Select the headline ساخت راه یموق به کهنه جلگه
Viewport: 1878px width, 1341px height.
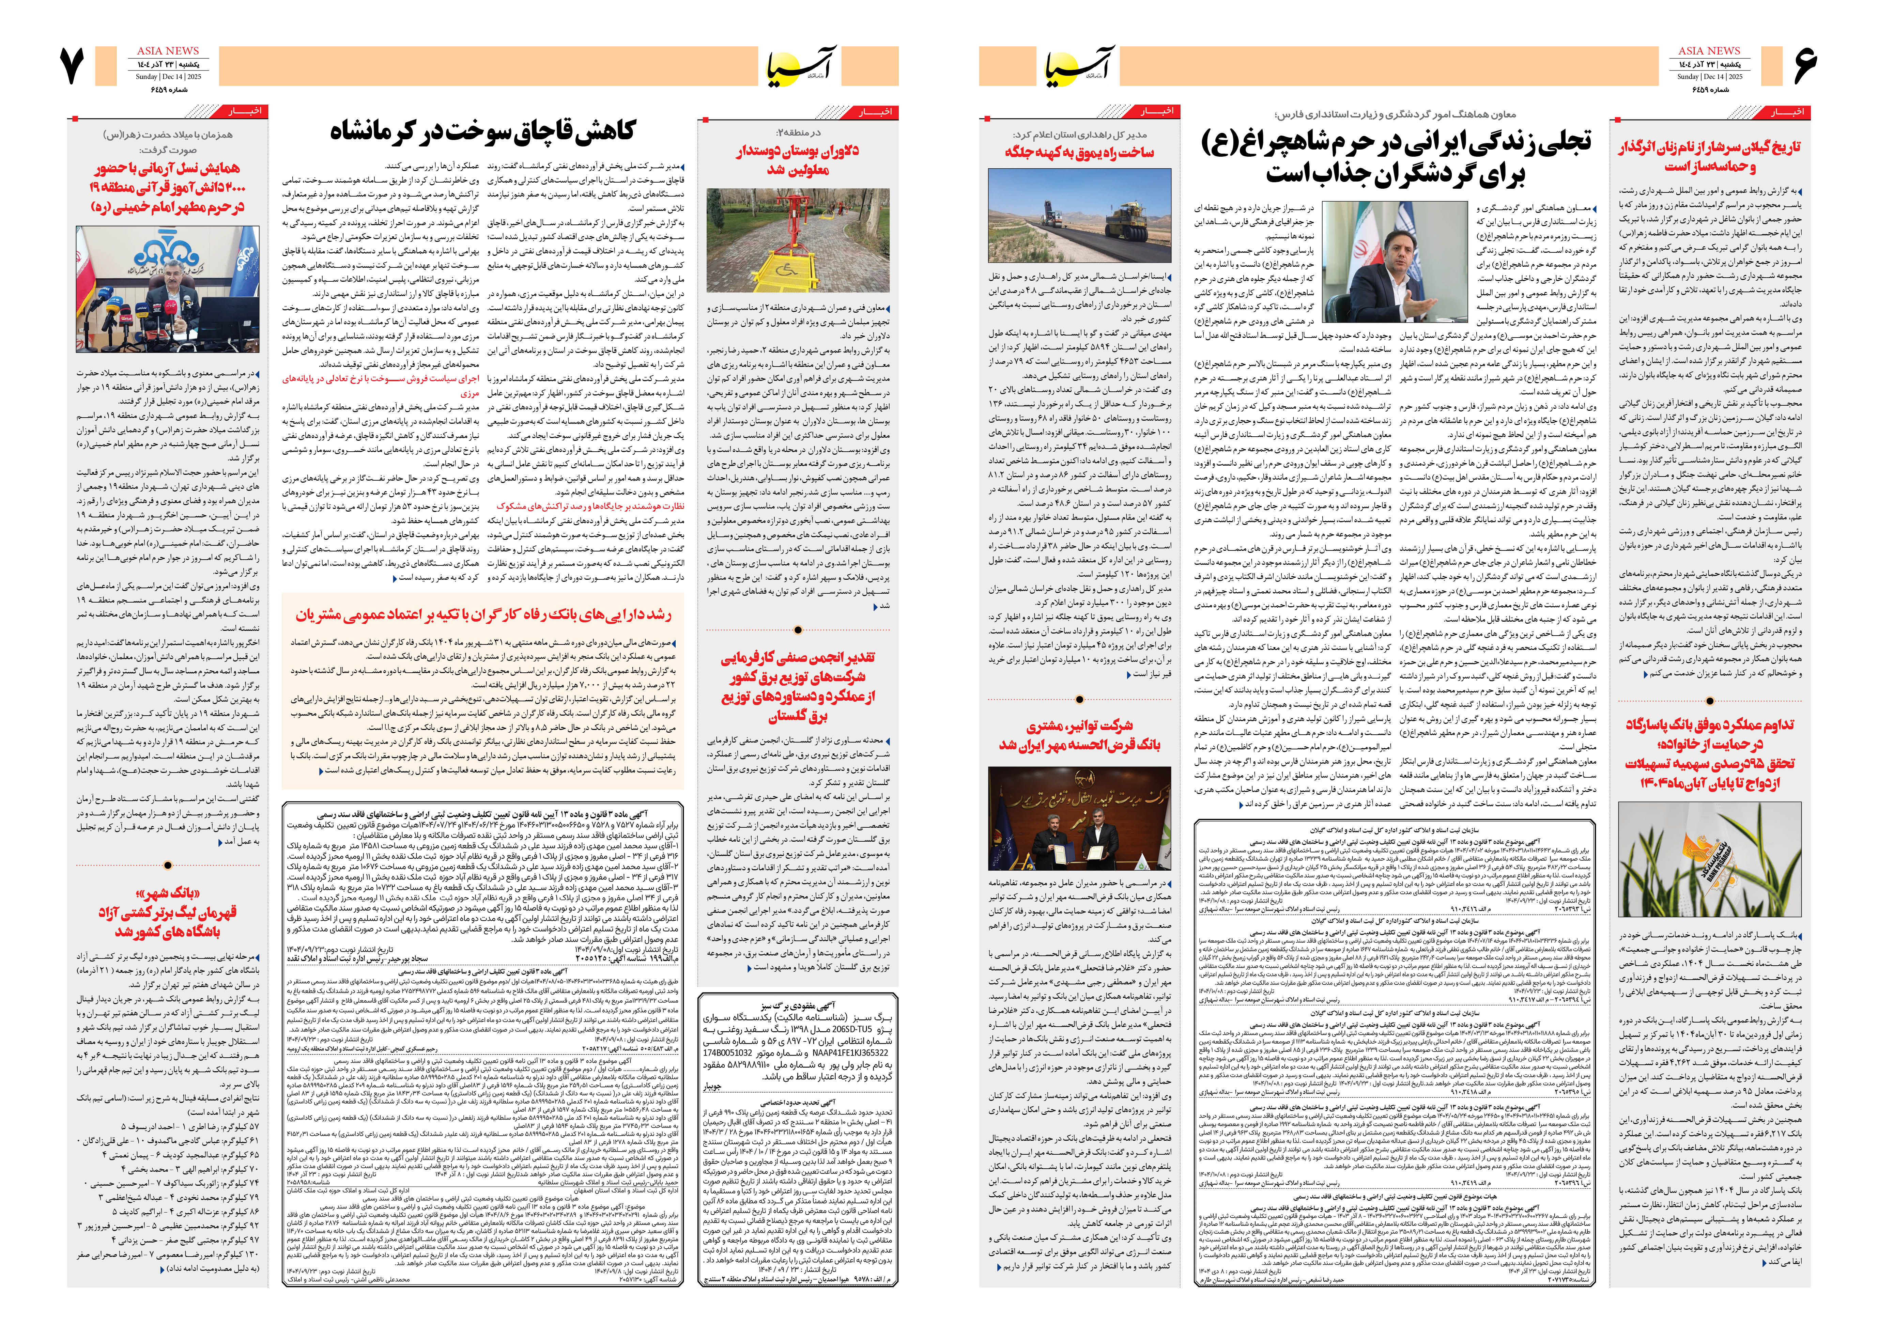tap(1079, 152)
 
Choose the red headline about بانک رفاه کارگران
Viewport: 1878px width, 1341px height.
tap(483, 615)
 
